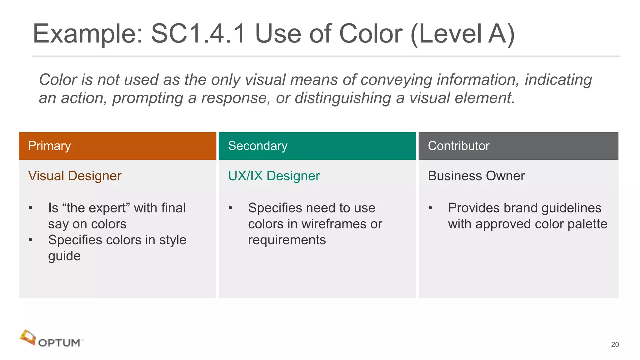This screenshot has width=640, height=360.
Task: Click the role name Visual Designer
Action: click(75, 176)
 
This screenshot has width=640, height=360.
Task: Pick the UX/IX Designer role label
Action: click(274, 176)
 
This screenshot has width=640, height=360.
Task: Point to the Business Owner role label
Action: click(476, 176)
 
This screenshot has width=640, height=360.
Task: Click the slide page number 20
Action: click(615, 344)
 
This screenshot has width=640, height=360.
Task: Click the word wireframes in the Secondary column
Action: click(334, 224)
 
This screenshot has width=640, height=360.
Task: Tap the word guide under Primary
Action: click(64, 256)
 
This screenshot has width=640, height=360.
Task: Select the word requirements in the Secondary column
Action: click(287, 240)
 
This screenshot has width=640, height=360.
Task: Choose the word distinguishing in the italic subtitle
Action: click(343, 98)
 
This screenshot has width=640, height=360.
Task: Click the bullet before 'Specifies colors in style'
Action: click(30, 240)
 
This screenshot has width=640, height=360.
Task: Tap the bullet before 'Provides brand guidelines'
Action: click(430, 208)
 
